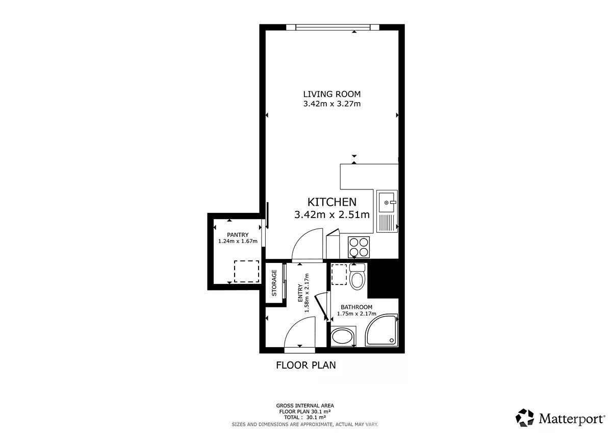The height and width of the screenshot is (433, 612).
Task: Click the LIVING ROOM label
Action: tap(331, 94)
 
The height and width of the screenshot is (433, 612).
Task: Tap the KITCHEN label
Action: tap(332, 202)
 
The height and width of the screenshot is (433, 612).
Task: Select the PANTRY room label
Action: tap(238, 235)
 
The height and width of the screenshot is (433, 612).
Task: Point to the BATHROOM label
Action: tap(356, 307)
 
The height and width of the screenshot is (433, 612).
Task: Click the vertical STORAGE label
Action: tap(274, 283)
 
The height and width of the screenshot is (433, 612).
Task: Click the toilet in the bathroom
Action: tap(357, 277)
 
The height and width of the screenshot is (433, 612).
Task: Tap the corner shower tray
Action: tap(381, 330)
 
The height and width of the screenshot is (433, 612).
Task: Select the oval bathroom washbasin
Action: tap(342, 336)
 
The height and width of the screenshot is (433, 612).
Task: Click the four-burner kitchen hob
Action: tap(359, 247)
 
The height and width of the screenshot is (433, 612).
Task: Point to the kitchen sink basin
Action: tap(387, 202)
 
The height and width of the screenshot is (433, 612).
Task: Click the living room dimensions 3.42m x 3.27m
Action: tap(331, 104)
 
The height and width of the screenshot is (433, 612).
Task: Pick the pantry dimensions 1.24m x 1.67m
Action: tap(238, 241)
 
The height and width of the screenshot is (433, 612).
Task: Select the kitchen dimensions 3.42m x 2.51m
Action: tap(332, 215)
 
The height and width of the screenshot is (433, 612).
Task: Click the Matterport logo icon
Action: tap(525, 418)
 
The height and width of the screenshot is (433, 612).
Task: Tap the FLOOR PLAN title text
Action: tap(305, 365)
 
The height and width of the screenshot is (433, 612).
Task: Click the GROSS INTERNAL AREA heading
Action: tap(305, 406)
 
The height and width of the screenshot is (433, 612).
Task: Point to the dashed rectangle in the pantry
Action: tap(246, 271)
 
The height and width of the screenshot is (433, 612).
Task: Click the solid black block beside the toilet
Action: tap(382, 279)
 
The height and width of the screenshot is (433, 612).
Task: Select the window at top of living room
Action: tap(333, 27)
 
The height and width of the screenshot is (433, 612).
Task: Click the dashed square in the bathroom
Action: tap(339, 274)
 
